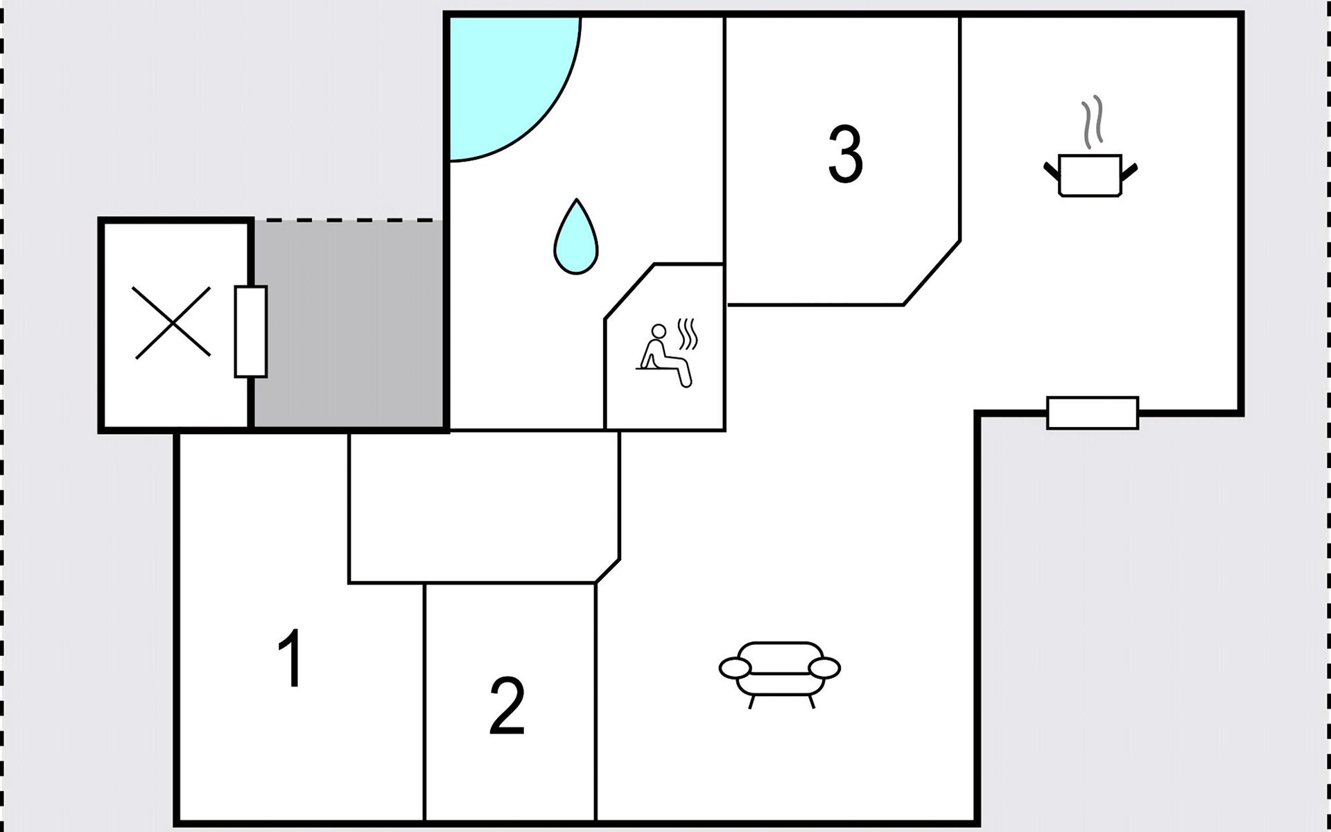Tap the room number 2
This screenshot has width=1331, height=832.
tap(507, 705)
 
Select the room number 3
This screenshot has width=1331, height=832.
tap(846, 154)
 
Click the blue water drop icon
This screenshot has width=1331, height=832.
tap(575, 236)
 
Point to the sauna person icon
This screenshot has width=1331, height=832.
tap(665, 354)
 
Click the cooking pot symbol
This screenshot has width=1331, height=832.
tap(1090, 175)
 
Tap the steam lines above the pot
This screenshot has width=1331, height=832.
tap(1093, 122)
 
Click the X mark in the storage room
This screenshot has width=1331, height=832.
tap(173, 322)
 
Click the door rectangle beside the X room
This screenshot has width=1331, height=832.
tap(250, 331)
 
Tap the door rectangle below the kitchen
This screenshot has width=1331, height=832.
tap(1093, 413)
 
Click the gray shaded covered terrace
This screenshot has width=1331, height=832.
tap(349, 324)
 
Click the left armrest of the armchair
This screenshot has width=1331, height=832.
tap(735, 668)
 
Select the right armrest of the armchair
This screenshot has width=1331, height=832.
tap(824, 668)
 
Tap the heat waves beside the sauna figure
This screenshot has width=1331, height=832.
tap(687, 334)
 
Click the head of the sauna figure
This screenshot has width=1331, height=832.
tap(659, 331)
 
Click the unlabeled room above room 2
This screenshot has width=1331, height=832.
tap(483, 508)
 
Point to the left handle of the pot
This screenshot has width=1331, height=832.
tap(1052, 171)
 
